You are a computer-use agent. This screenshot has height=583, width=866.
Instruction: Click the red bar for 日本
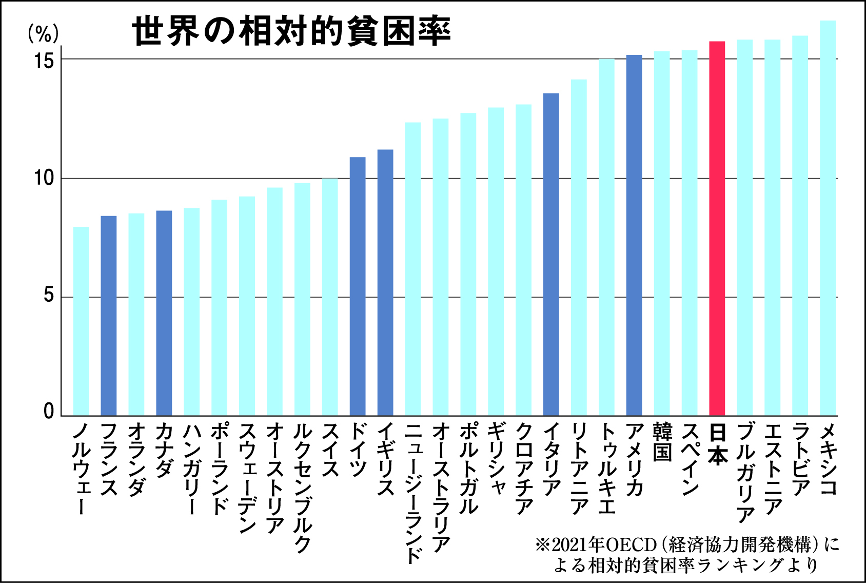717,228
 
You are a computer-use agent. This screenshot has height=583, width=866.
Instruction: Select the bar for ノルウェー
81,321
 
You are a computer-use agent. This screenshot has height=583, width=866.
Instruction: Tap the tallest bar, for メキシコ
828,218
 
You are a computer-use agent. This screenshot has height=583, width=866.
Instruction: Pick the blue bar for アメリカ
634,235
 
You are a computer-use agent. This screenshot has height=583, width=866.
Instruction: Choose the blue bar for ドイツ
358,286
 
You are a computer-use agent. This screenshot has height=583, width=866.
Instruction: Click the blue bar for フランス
109,316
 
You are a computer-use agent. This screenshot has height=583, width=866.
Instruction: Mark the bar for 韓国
662,234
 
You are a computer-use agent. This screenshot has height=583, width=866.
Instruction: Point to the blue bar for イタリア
551,255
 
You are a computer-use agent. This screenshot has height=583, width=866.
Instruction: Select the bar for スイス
330,297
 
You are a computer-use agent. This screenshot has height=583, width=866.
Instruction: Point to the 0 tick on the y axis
49,411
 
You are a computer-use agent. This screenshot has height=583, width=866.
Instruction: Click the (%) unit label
43,34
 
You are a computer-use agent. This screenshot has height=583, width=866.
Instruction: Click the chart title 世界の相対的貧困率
291,31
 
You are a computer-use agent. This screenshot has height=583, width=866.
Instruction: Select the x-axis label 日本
717,444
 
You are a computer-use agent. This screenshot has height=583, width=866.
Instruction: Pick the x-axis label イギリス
385,459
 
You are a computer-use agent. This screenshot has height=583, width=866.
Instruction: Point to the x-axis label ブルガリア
745,473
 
